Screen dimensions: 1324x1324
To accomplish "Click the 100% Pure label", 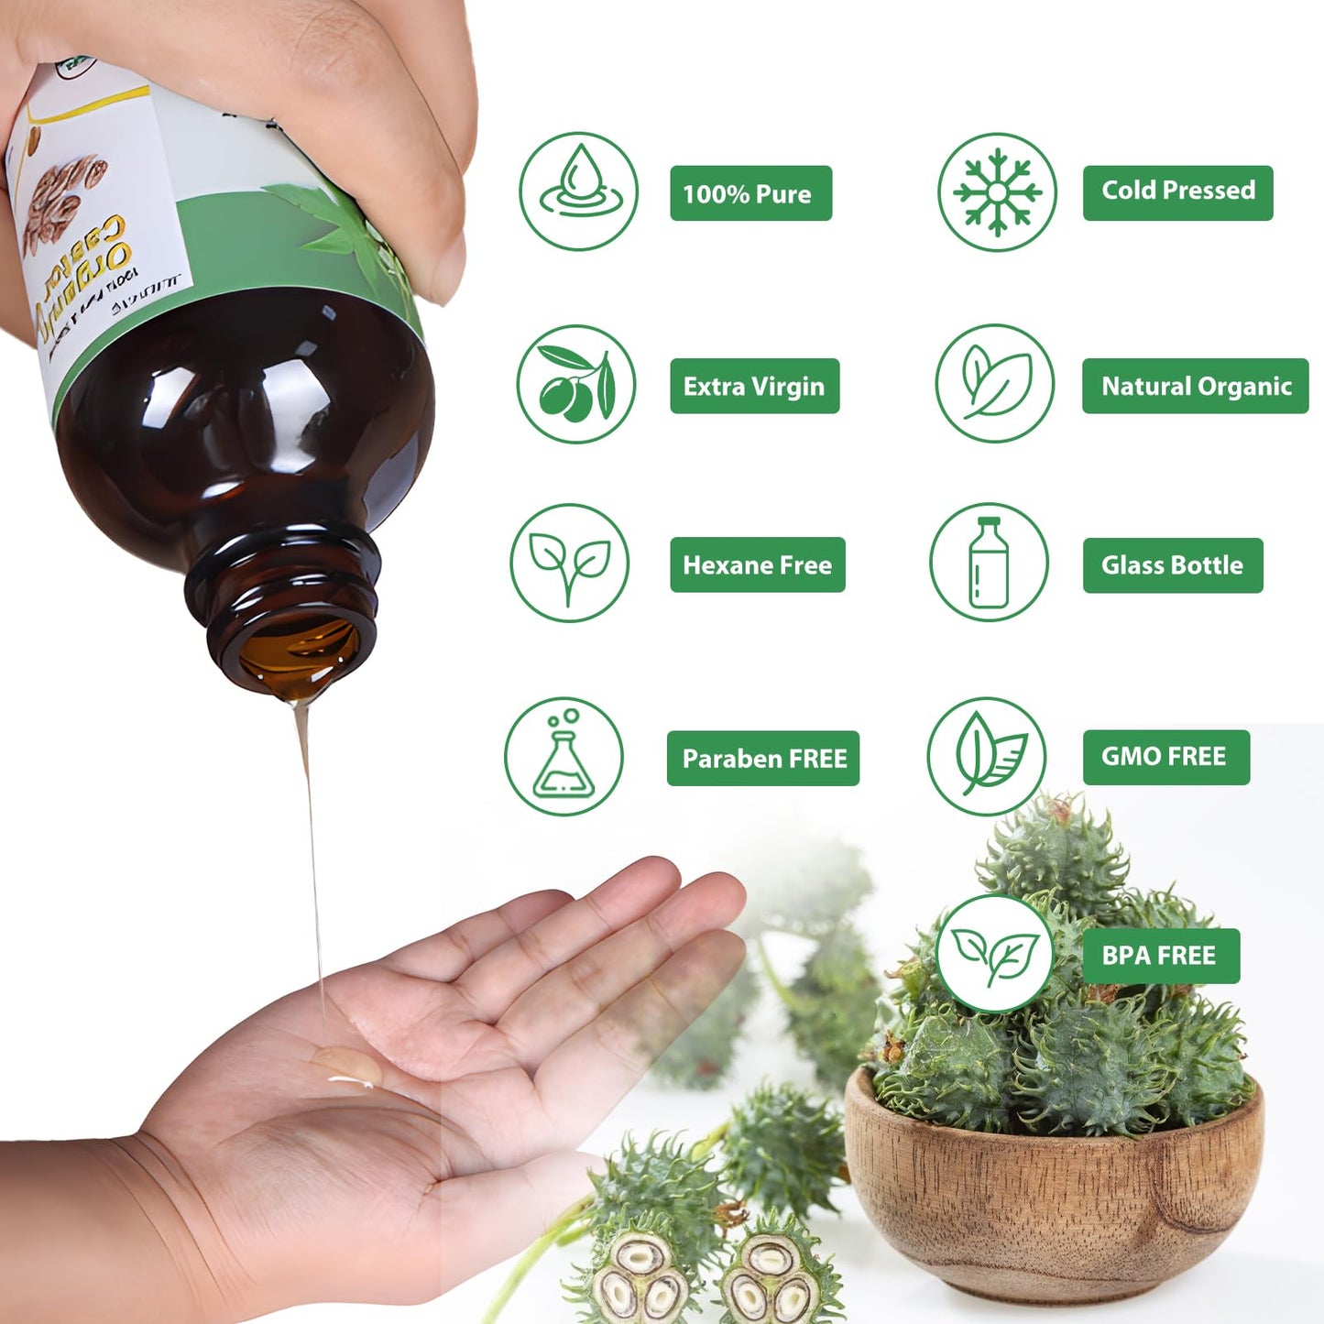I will (x=750, y=193).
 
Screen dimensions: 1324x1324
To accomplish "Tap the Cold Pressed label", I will (x=1177, y=192).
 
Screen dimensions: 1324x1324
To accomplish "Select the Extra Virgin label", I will (x=754, y=386).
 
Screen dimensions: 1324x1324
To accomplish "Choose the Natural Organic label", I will (x=1195, y=386).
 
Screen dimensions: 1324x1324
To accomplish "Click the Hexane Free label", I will (x=757, y=564).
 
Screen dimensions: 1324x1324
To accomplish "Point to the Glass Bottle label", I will (x=1172, y=564).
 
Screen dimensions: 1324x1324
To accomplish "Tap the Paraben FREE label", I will (x=763, y=758).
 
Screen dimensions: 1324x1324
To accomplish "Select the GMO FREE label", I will (x=1165, y=757).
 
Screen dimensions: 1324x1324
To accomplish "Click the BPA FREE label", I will (x=1160, y=956).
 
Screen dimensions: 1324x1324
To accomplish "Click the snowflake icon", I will (x=997, y=191).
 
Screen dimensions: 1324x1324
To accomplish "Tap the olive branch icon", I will (x=576, y=384).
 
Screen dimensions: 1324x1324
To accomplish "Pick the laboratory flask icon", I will (x=564, y=756).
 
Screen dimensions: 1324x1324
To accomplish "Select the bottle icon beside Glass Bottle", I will (x=989, y=562).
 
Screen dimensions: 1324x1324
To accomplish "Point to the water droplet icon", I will (x=578, y=191).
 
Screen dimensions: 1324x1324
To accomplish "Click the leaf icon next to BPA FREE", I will (x=995, y=954).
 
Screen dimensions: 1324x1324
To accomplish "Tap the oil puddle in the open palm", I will (x=347, y=1068).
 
